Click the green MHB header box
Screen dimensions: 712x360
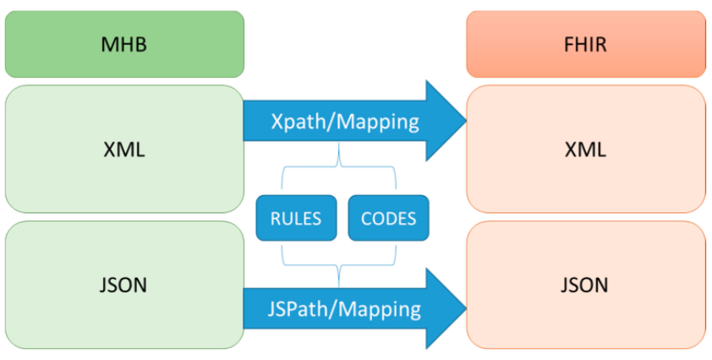click(x=124, y=44)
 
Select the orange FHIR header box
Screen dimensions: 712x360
click(x=586, y=44)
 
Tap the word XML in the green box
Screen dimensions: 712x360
click(x=124, y=150)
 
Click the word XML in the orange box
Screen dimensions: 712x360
click(x=585, y=150)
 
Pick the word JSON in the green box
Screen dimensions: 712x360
click(x=123, y=285)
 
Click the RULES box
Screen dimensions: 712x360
click(x=296, y=218)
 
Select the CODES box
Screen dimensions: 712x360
click(x=388, y=218)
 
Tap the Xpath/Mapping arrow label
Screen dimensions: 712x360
click(x=345, y=123)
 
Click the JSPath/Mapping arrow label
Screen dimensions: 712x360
click(x=344, y=309)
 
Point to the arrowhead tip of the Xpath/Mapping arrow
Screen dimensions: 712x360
click(x=466, y=121)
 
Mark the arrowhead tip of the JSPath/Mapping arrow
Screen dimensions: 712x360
click(x=466, y=308)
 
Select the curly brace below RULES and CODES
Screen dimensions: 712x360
click(x=339, y=265)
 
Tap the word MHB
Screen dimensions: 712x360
click(x=124, y=45)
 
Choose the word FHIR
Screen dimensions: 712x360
click(x=586, y=45)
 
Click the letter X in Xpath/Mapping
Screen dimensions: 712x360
click(x=277, y=122)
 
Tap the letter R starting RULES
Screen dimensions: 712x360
click(x=275, y=219)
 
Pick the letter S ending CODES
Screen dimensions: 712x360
click(x=412, y=219)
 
